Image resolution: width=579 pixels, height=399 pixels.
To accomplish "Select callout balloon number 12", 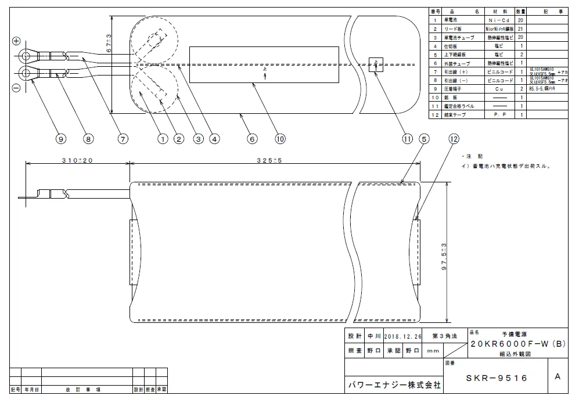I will coord(454,139).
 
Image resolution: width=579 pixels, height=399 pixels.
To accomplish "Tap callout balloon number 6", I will coord(252,139).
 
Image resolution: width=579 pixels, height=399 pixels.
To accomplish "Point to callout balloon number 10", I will coord(280,139).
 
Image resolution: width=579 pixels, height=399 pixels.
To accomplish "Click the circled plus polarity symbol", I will coord(16,41).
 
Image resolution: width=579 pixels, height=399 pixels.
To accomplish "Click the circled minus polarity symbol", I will coord(16,88).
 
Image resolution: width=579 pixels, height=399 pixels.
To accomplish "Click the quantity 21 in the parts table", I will coord(521,28).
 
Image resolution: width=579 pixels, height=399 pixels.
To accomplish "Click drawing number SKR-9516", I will coord(497,378).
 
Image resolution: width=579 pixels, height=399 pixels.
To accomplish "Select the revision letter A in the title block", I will coord(558,376).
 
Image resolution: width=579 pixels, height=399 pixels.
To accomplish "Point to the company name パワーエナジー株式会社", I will coord(394,384).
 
